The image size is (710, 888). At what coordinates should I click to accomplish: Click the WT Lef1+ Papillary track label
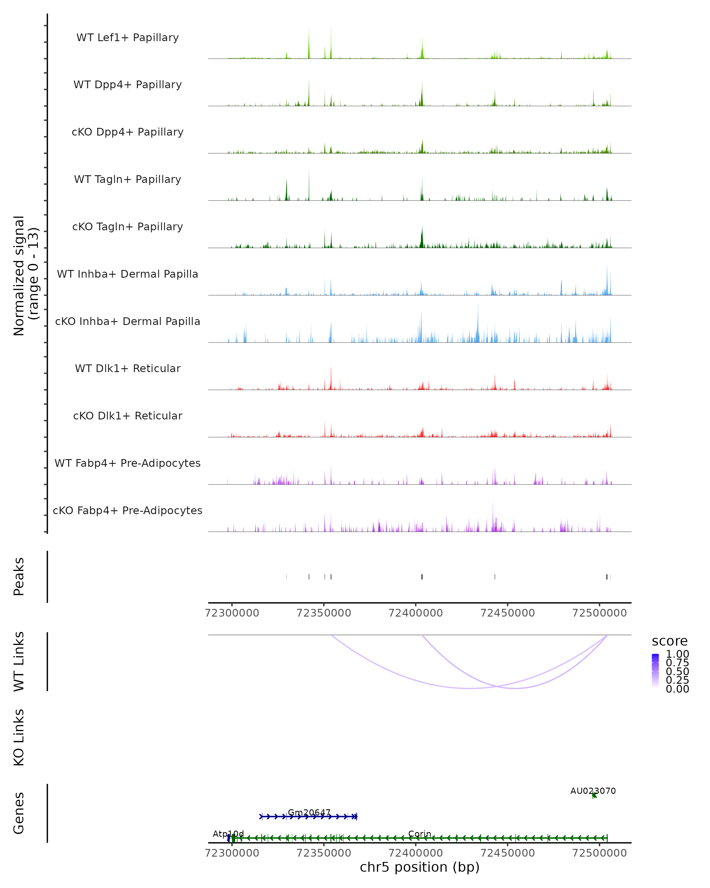pyautogui.click(x=128, y=38)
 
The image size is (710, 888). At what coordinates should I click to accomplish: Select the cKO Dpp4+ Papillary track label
pyautogui.click(x=128, y=132)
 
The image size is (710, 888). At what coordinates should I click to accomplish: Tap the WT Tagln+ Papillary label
pyautogui.click(x=128, y=180)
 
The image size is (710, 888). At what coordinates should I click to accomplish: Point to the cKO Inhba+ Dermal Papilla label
pyautogui.click(x=128, y=322)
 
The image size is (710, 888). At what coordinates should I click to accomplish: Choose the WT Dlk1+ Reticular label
pyautogui.click(x=128, y=369)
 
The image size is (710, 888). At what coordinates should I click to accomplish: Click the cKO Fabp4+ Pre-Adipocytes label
pyautogui.click(x=128, y=511)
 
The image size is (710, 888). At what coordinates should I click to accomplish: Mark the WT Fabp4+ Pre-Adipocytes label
pyautogui.click(x=128, y=463)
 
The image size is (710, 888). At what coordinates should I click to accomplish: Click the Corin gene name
pyautogui.click(x=419, y=834)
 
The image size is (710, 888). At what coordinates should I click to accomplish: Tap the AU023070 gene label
pyautogui.click(x=593, y=791)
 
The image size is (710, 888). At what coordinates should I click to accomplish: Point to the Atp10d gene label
pyautogui.click(x=228, y=834)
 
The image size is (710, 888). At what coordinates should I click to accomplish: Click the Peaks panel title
pyautogui.click(x=19, y=576)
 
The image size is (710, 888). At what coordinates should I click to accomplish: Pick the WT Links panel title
pyautogui.click(x=19, y=662)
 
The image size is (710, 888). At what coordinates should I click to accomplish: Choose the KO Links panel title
pyautogui.click(x=19, y=737)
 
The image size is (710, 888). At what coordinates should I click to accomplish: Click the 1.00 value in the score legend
pyautogui.click(x=677, y=654)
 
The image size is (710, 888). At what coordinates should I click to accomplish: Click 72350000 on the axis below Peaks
pyautogui.click(x=324, y=613)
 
